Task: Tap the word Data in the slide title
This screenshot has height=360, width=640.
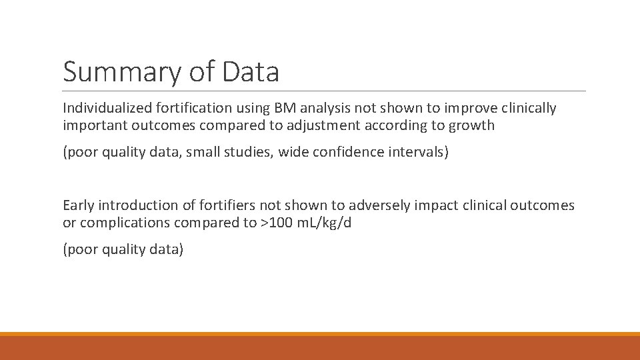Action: point(251,72)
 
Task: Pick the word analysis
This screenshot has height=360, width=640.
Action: point(319,108)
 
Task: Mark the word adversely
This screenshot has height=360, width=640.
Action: point(370,205)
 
